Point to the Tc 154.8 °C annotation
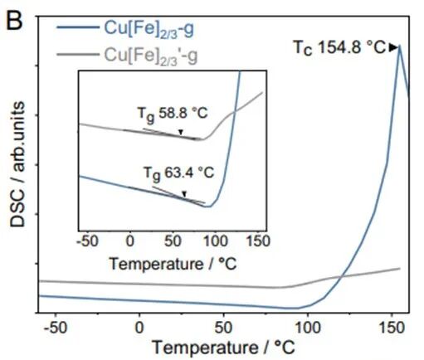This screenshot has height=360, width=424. (339, 48)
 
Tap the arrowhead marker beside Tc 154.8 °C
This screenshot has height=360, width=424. (392, 48)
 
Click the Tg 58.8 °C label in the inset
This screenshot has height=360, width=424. (170, 110)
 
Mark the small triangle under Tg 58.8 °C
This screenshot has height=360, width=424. (181, 131)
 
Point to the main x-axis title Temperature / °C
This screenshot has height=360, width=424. (222, 347)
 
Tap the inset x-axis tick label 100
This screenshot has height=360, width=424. (215, 241)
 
